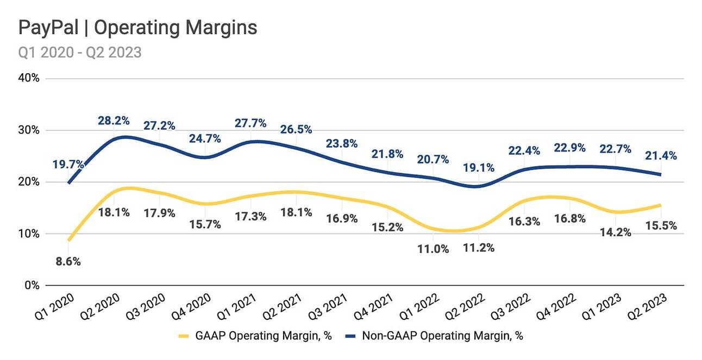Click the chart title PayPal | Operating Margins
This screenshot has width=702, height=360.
(x=138, y=28)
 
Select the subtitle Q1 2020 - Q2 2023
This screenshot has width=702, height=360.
(x=80, y=52)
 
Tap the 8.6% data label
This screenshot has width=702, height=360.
(x=68, y=262)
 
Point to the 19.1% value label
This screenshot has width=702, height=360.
(x=479, y=168)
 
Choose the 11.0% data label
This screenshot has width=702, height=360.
(x=434, y=249)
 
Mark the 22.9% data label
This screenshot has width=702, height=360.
(x=570, y=148)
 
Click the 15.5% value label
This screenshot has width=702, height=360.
(x=661, y=225)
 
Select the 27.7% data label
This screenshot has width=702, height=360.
(x=251, y=123)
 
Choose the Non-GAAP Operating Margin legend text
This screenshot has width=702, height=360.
(x=442, y=336)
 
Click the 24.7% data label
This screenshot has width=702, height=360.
(x=205, y=138)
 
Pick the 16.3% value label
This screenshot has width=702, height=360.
(x=524, y=222)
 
